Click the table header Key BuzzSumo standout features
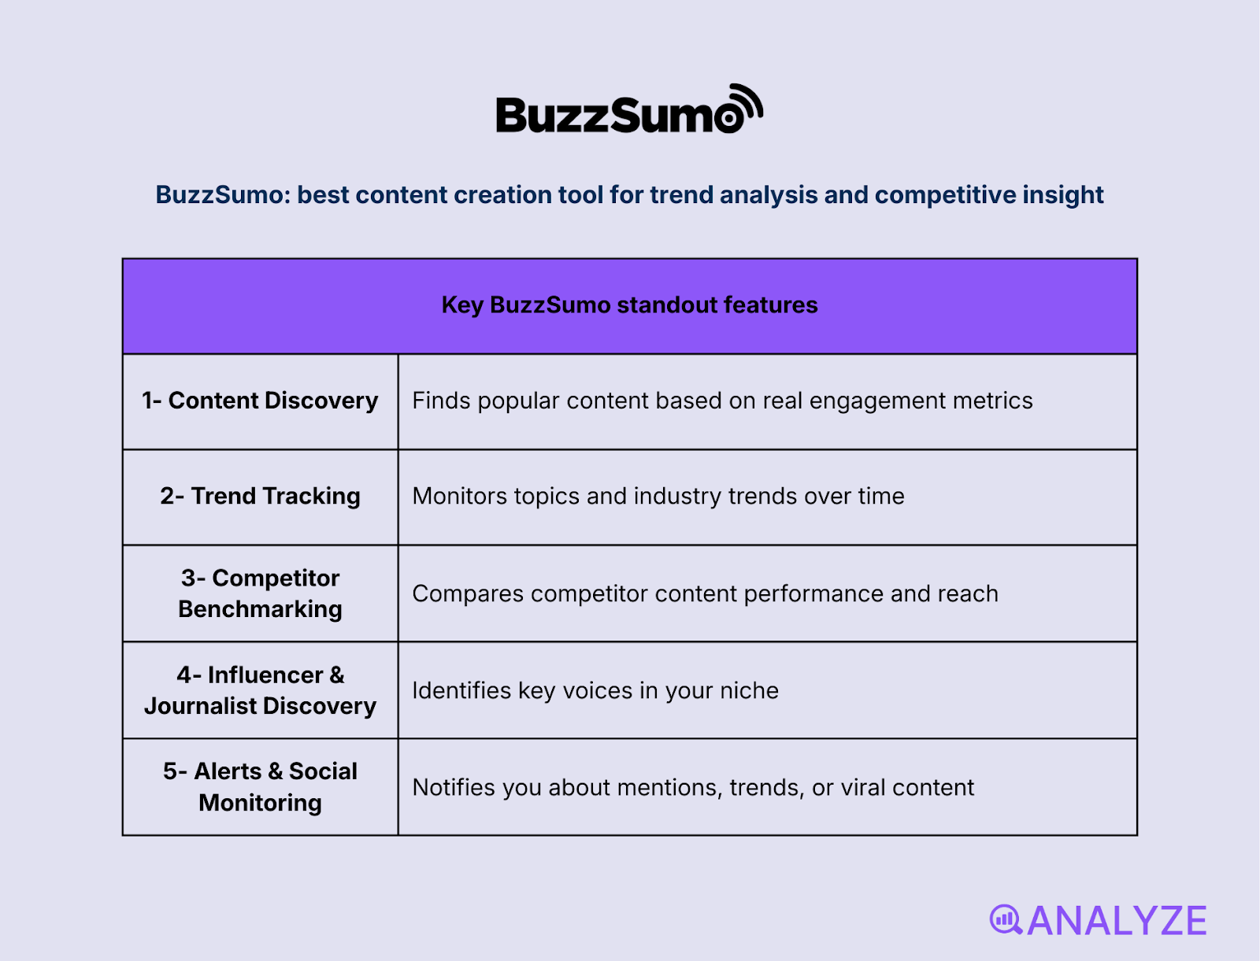(x=629, y=305)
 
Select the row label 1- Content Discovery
(x=260, y=401)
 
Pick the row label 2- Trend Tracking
(x=260, y=496)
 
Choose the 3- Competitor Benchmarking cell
(x=260, y=593)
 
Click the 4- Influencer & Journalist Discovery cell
(x=260, y=690)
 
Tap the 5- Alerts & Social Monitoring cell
(x=260, y=787)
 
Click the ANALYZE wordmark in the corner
(x=1116, y=921)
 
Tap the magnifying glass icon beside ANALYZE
(x=1006, y=919)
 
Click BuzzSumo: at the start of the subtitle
(x=222, y=194)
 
